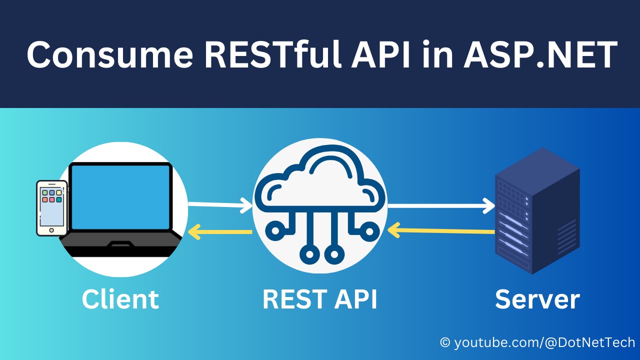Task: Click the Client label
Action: tap(120, 299)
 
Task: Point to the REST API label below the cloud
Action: tap(320, 299)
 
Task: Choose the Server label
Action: tap(537, 299)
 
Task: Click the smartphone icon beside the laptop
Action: tap(52, 208)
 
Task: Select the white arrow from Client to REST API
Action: tap(220, 204)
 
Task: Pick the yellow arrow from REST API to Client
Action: tap(220, 231)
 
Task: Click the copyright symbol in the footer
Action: tap(445, 343)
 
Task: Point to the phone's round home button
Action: tap(51, 230)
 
